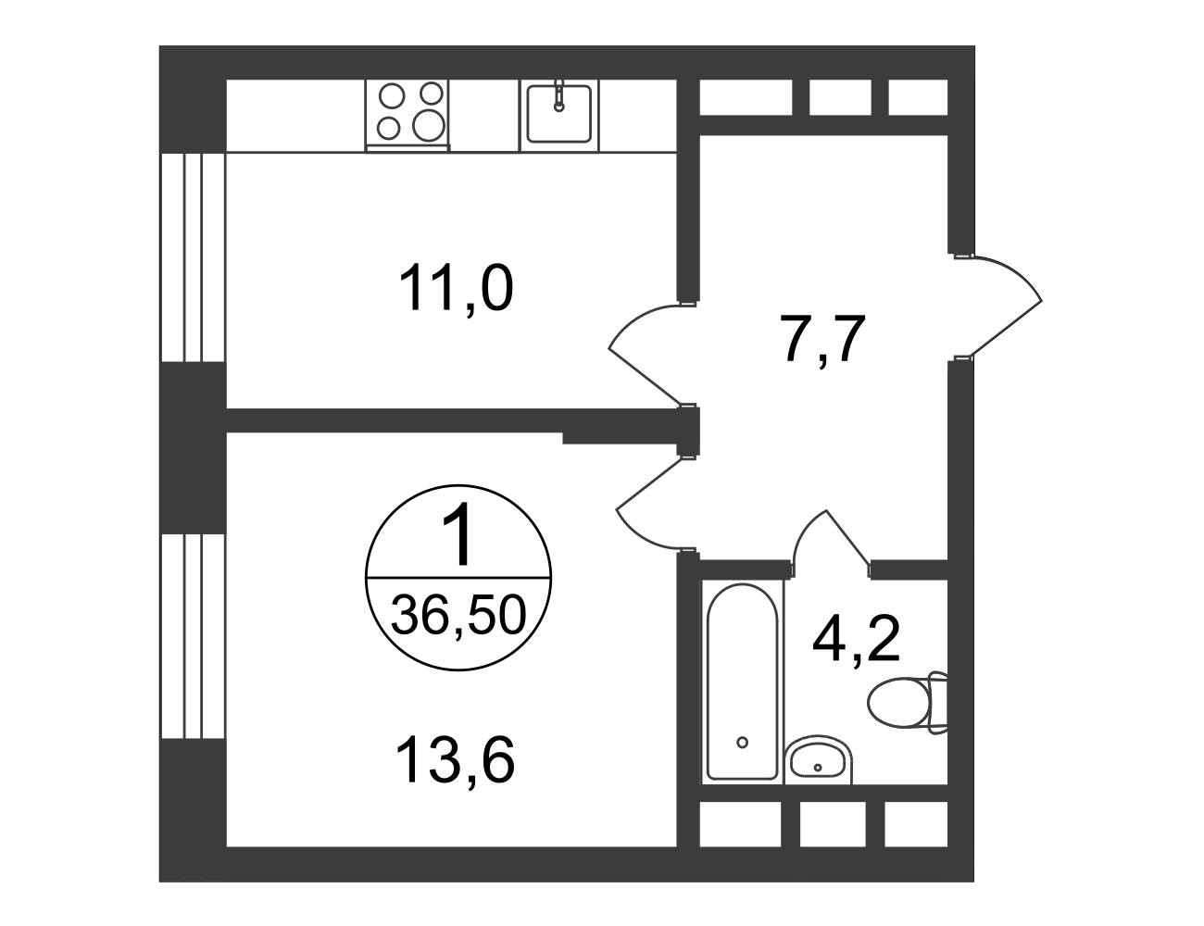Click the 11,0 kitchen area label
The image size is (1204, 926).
tap(456, 290)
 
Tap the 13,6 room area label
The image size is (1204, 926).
tap(456, 760)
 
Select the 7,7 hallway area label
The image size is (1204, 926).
tap(821, 339)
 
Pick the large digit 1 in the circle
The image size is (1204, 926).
tap(458, 533)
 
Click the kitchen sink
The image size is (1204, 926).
tap(559, 114)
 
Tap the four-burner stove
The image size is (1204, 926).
tap(408, 115)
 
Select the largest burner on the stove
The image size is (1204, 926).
tap(429, 125)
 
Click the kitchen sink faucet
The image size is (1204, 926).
tap(559, 95)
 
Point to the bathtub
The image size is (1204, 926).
tap(743, 682)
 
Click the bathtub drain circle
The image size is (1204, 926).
tap(743, 742)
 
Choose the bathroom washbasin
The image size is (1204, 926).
tap(819, 760)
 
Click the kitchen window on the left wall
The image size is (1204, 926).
tap(193, 257)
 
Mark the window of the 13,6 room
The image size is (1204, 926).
tap(193, 636)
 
